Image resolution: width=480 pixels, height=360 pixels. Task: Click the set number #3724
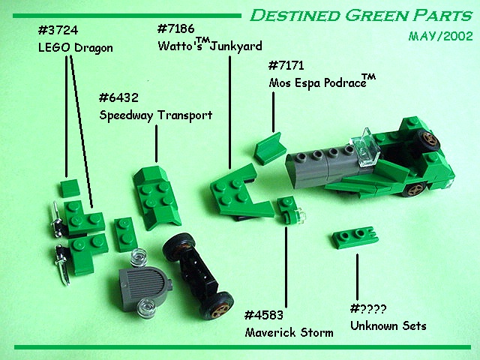pyautogui.click(x=57, y=31)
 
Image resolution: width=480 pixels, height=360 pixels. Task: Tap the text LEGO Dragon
pyautogui.click(x=74, y=48)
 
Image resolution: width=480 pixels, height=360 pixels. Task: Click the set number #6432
pyautogui.click(x=119, y=98)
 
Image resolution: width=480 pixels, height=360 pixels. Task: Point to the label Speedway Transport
pyautogui.click(x=156, y=115)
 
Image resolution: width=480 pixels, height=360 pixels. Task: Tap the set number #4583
pyautogui.click(x=265, y=315)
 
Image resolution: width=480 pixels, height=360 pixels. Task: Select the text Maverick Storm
pyautogui.click(x=289, y=332)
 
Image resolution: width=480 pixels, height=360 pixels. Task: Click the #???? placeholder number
pyautogui.click(x=368, y=308)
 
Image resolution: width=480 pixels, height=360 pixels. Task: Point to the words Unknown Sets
pyautogui.click(x=388, y=325)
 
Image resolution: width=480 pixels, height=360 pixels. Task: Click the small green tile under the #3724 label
pyautogui.click(x=70, y=187)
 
